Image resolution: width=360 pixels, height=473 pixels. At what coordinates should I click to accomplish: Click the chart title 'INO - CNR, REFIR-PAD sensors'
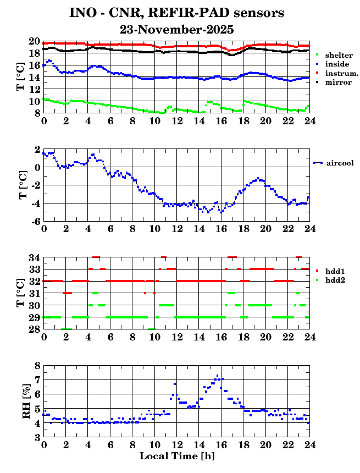pyautogui.click(x=176, y=13)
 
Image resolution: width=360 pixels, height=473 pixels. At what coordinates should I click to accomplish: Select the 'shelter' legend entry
pyautogui.click(x=339, y=56)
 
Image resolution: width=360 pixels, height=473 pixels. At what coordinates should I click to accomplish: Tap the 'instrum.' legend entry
pyautogui.click(x=341, y=74)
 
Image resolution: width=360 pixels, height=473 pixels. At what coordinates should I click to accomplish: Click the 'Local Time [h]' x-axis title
pyautogui.click(x=176, y=456)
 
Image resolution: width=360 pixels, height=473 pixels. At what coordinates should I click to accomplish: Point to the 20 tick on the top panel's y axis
pyautogui.click(x=34, y=42)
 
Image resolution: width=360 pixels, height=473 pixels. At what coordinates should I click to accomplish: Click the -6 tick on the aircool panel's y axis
pyautogui.click(x=35, y=221)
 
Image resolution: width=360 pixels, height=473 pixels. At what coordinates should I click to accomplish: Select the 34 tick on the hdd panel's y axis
pyautogui.click(x=34, y=257)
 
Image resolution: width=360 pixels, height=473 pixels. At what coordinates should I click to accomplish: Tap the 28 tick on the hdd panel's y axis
pyautogui.click(x=34, y=329)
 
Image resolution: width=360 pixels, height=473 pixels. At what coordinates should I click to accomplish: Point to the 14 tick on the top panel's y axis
pyautogui.click(x=34, y=78)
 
